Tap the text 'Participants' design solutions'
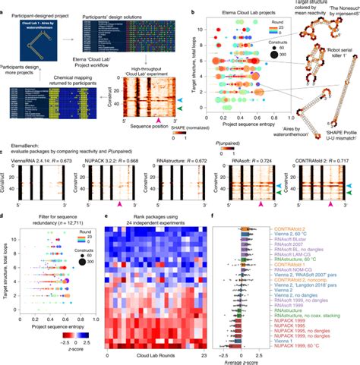click(108, 15)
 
